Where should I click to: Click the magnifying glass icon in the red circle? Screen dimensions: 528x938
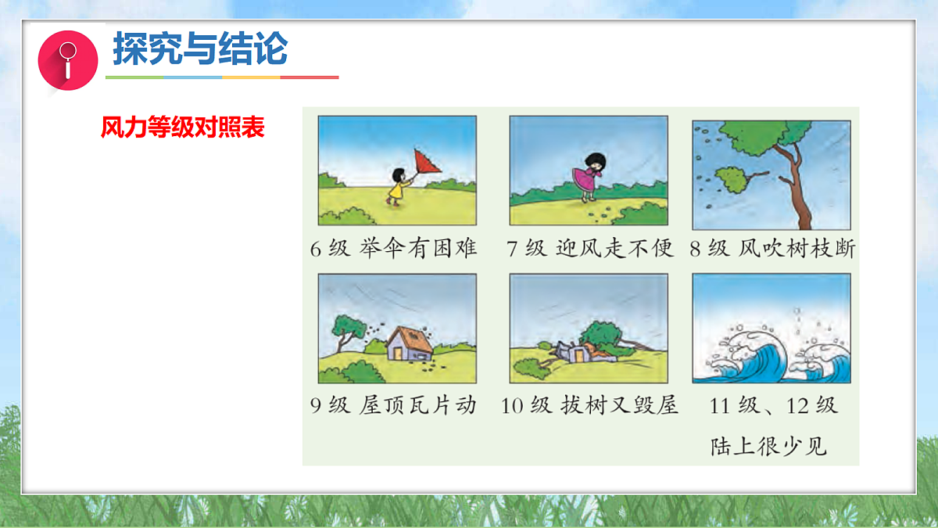(68, 59)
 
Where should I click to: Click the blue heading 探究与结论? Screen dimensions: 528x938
(200, 49)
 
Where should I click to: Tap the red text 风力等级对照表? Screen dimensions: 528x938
(183, 128)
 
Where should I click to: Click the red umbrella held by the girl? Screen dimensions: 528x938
(425, 161)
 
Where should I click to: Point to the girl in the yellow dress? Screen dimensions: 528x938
(397, 187)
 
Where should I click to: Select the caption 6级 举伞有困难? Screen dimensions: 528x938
(393, 249)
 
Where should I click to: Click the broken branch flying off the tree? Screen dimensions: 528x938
(732, 180)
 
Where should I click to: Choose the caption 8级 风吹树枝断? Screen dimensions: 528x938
(772, 249)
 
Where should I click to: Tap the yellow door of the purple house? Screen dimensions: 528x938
(400, 353)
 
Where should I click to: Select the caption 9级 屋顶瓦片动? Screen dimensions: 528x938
(393, 406)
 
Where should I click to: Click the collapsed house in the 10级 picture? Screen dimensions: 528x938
(575, 352)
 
